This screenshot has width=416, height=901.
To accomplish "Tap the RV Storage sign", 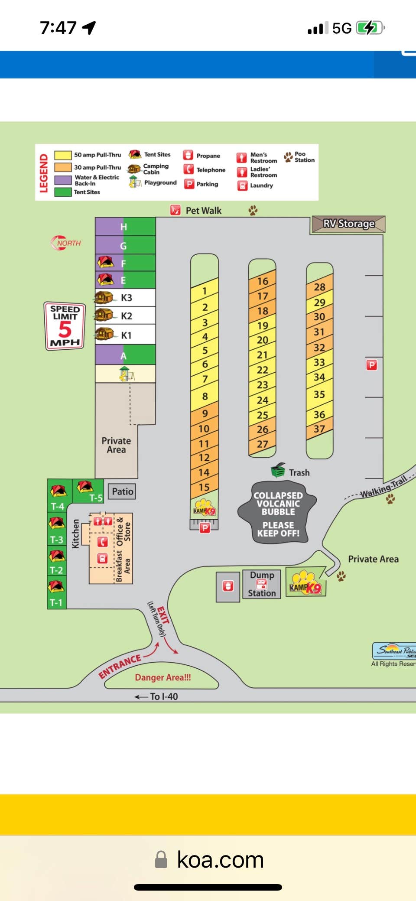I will (348, 224).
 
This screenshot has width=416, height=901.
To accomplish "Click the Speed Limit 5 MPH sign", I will (65, 326).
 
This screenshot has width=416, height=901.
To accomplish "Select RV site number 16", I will (262, 281).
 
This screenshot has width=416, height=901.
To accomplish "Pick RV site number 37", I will (319, 429).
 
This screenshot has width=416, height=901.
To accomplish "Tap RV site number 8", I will (205, 397).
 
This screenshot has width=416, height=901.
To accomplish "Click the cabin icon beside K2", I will (104, 315).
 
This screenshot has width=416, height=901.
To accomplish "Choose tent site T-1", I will (56, 602).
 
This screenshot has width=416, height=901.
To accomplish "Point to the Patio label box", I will (122, 491).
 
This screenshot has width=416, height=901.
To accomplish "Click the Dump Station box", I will (262, 584).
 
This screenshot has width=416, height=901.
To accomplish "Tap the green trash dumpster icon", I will (278, 470).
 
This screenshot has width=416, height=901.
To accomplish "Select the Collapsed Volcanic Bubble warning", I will (278, 513).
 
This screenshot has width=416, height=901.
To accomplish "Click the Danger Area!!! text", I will (162, 677).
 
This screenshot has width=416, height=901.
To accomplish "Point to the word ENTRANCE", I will (120, 666).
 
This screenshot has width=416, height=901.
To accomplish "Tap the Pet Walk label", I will (203, 211).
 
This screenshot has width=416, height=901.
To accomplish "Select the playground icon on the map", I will (126, 374).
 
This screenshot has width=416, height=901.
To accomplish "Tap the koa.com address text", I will (220, 860).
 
